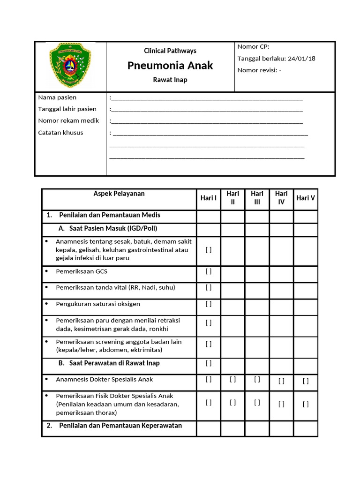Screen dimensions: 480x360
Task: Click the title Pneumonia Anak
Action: coord(170,66)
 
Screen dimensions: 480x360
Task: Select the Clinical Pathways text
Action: coord(170,51)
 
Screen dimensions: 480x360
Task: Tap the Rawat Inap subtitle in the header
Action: coord(170,80)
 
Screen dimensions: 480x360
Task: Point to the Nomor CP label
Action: coord(253,46)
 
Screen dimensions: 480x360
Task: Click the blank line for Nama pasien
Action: coord(206,98)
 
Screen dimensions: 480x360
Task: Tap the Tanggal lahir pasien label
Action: coord(67,109)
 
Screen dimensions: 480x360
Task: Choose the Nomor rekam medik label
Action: coord(68,121)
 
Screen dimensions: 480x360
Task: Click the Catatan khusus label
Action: coord(60,133)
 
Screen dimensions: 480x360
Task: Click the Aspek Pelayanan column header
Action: coord(119,194)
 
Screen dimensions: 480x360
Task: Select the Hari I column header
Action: coord(209,198)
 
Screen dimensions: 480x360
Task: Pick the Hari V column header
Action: coord(306,198)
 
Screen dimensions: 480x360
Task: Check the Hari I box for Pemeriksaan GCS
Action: coord(209,271)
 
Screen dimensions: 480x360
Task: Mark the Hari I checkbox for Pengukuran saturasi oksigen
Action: coord(209,304)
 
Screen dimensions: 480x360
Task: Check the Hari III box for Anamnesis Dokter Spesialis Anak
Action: coord(257,379)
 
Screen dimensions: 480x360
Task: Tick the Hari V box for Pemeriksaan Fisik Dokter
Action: coord(306,404)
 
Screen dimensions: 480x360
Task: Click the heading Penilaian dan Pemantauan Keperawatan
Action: coord(120,426)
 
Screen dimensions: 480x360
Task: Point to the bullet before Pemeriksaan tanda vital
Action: coord(47,287)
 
